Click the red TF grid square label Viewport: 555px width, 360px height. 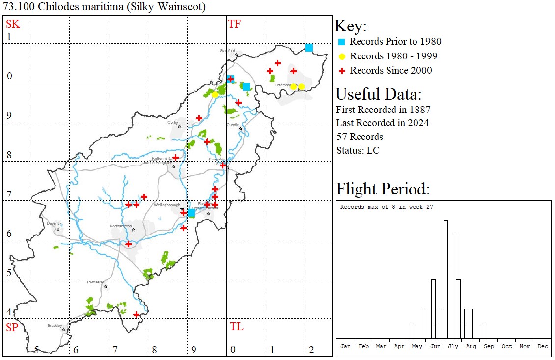pyautogui.click(x=234, y=24)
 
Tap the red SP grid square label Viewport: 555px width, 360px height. pyautogui.click(x=12, y=327)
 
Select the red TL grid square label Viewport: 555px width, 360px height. pyautogui.click(x=236, y=327)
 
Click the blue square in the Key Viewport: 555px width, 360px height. pyautogui.click(x=342, y=42)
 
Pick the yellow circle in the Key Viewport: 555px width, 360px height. pyautogui.click(x=342, y=56)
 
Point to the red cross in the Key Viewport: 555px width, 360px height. pyautogui.click(x=342, y=71)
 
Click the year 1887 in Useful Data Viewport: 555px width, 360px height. pyautogui.click(x=418, y=109)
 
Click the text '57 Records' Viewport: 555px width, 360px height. pyautogui.click(x=360, y=137)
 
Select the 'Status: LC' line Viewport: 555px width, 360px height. pyautogui.click(x=358, y=150)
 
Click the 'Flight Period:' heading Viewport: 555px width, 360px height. pyautogui.click(x=383, y=189)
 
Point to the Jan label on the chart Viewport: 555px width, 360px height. pyautogui.click(x=346, y=346)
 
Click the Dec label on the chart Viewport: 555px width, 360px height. pyautogui.click(x=543, y=346)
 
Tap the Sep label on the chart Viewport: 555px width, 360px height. pyautogui.click(x=489, y=346)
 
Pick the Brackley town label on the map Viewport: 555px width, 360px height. pyautogui.click(x=54, y=325)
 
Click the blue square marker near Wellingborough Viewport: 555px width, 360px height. pyautogui.click(x=192, y=213)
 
